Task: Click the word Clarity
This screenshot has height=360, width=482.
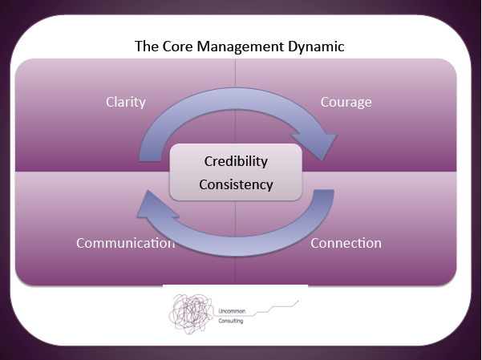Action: (x=126, y=103)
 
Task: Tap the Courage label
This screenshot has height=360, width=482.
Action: (x=346, y=103)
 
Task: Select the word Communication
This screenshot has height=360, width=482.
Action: (x=126, y=243)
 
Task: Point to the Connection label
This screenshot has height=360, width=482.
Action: (x=346, y=243)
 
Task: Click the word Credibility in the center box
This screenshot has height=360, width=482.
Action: (x=236, y=161)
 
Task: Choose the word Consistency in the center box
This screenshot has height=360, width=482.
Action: (x=236, y=184)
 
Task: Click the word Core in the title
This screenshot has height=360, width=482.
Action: (x=177, y=47)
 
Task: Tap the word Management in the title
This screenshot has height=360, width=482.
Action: (x=240, y=47)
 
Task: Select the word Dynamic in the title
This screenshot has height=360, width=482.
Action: (x=316, y=47)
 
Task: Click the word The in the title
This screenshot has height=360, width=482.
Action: (x=146, y=47)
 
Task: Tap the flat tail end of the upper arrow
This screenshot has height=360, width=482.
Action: (x=150, y=160)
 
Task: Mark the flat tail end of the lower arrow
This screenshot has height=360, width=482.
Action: (x=324, y=191)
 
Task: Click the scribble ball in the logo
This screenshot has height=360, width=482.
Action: (x=191, y=313)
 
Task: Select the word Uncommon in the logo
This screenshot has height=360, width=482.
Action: (x=232, y=311)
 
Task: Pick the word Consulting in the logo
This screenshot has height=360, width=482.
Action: (x=231, y=321)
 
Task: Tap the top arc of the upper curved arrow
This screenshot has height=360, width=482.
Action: (x=236, y=99)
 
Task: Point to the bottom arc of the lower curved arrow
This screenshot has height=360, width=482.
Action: (x=236, y=246)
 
